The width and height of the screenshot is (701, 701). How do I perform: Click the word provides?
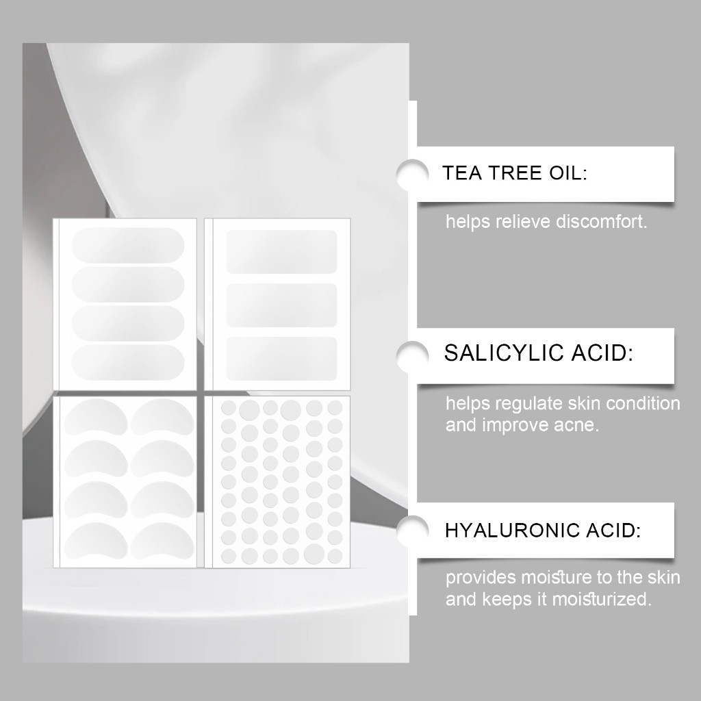[481, 578]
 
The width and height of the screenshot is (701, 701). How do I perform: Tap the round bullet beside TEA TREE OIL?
[412, 175]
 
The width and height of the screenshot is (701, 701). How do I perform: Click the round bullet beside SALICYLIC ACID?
[412, 356]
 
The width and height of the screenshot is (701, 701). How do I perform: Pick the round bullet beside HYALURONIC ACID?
[412, 531]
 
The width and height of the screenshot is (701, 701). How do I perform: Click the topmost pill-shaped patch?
[128, 245]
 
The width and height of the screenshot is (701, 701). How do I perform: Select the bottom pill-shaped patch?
[128, 363]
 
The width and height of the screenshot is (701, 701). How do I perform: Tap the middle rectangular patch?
[281, 305]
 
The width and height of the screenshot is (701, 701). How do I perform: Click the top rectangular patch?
[281, 252]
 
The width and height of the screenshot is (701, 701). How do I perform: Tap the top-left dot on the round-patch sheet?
[229, 408]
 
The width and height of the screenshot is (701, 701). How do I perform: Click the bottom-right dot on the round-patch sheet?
[335, 556]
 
